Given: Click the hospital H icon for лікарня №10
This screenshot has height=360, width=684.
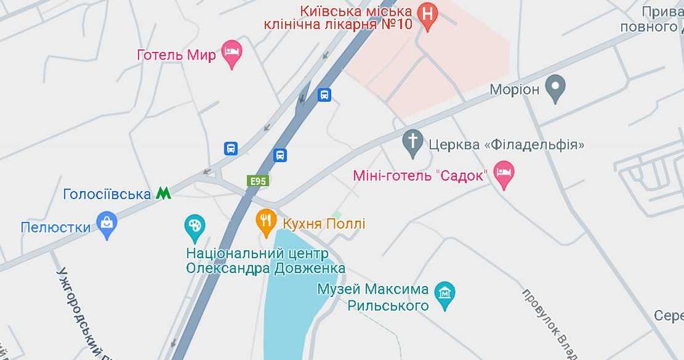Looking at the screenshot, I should point(428,14).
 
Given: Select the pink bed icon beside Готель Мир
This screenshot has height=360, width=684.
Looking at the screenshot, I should point(233,52).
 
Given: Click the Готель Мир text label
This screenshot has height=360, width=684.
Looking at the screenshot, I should point(176,55).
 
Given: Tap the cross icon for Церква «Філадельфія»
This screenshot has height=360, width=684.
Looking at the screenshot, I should point(412,142).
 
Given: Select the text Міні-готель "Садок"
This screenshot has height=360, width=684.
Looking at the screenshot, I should point(420,175).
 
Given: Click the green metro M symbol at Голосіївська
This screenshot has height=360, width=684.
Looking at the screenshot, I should point(163,194).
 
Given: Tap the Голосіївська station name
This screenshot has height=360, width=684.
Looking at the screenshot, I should point(107,194).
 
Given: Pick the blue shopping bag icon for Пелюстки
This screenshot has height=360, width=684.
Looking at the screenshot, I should point(107,223).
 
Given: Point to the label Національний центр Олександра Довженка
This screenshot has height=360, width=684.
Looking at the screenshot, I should point(265,261).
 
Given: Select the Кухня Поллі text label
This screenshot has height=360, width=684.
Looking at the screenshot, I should point(323,224).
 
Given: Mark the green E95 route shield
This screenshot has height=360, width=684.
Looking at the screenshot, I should point(258,181).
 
